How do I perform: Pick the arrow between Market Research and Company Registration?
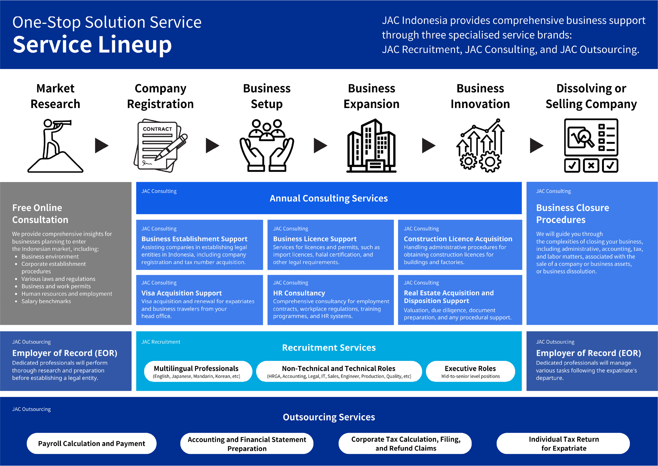102,146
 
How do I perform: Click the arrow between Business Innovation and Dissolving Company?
536,146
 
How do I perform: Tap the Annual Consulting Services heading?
328,198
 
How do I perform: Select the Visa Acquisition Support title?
181,293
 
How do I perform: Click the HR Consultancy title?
299,293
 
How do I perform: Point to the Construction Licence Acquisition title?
458,239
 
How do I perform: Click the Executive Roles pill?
470,371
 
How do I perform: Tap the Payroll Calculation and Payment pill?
92,443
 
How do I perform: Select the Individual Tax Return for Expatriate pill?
563,443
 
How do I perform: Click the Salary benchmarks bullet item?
46,301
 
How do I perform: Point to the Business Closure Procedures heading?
572,213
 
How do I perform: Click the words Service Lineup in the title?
92,45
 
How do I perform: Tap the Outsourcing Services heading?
328,417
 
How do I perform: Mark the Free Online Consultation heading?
40,213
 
